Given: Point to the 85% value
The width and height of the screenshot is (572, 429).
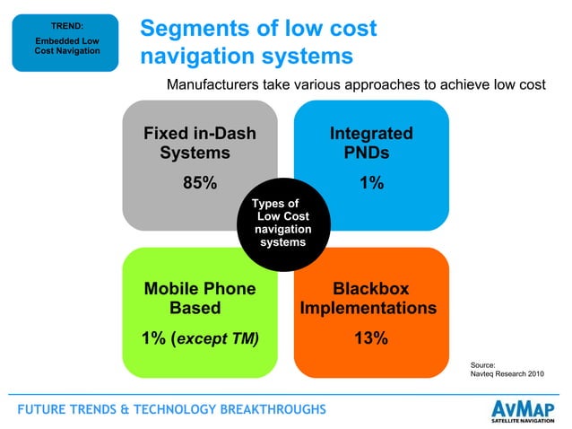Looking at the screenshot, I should point(200,183).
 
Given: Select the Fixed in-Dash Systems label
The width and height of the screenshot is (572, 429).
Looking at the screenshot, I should point(199,144).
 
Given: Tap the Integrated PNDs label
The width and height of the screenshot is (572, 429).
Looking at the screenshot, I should point(370,144).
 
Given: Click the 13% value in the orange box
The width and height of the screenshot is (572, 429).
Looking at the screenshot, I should point(370,338).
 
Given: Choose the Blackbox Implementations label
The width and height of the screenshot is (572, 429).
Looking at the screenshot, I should point(368,299).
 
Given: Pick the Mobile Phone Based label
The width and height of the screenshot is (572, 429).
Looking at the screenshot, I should point(199,299).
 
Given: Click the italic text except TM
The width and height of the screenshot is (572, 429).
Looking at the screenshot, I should point(220,338).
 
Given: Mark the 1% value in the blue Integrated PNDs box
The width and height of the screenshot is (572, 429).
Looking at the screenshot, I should point(372,183).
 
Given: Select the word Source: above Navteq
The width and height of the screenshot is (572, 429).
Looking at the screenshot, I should point(483,363).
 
